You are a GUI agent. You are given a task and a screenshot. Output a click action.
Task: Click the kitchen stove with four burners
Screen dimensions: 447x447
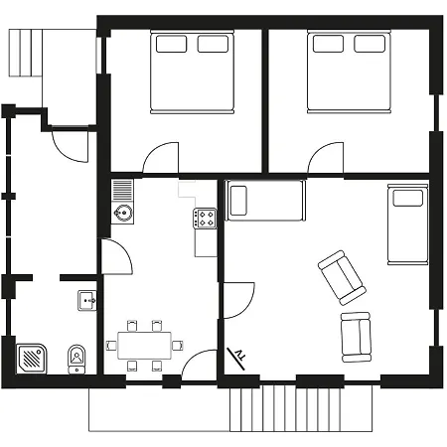click(x=206, y=219)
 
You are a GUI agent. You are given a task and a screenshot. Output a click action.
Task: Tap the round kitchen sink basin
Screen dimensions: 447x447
click(x=122, y=212)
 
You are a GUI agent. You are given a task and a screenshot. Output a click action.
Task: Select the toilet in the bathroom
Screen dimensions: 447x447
click(x=76, y=358)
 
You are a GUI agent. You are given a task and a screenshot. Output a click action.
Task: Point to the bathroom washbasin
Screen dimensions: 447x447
click(x=86, y=300)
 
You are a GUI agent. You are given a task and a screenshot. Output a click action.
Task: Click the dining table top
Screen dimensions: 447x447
click(x=145, y=345)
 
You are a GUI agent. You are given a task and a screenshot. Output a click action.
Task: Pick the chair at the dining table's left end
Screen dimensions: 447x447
click(x=110, y=345)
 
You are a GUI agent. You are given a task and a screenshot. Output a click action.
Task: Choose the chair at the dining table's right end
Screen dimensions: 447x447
click(x=179, y=345)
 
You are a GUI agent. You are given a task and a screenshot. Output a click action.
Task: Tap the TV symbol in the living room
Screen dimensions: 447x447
click(x=239, y=353)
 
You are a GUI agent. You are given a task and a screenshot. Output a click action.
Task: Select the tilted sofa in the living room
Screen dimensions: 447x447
click(x=340, y=276)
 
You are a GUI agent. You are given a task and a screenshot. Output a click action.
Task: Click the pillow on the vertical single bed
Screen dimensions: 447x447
click(x=407, y=197)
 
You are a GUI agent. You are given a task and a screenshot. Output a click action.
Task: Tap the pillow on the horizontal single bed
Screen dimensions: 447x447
click(x=238, y=201)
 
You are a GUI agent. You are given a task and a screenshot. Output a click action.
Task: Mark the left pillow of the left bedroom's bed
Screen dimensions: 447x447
click(x=170, y=44)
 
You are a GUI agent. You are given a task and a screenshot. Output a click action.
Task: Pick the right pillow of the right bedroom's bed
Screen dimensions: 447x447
click(x=369, y=44)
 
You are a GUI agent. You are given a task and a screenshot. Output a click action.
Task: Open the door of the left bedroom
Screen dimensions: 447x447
click(x=161, y=159)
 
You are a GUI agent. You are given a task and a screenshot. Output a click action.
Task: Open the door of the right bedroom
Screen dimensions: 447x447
click(x=326, y=159)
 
